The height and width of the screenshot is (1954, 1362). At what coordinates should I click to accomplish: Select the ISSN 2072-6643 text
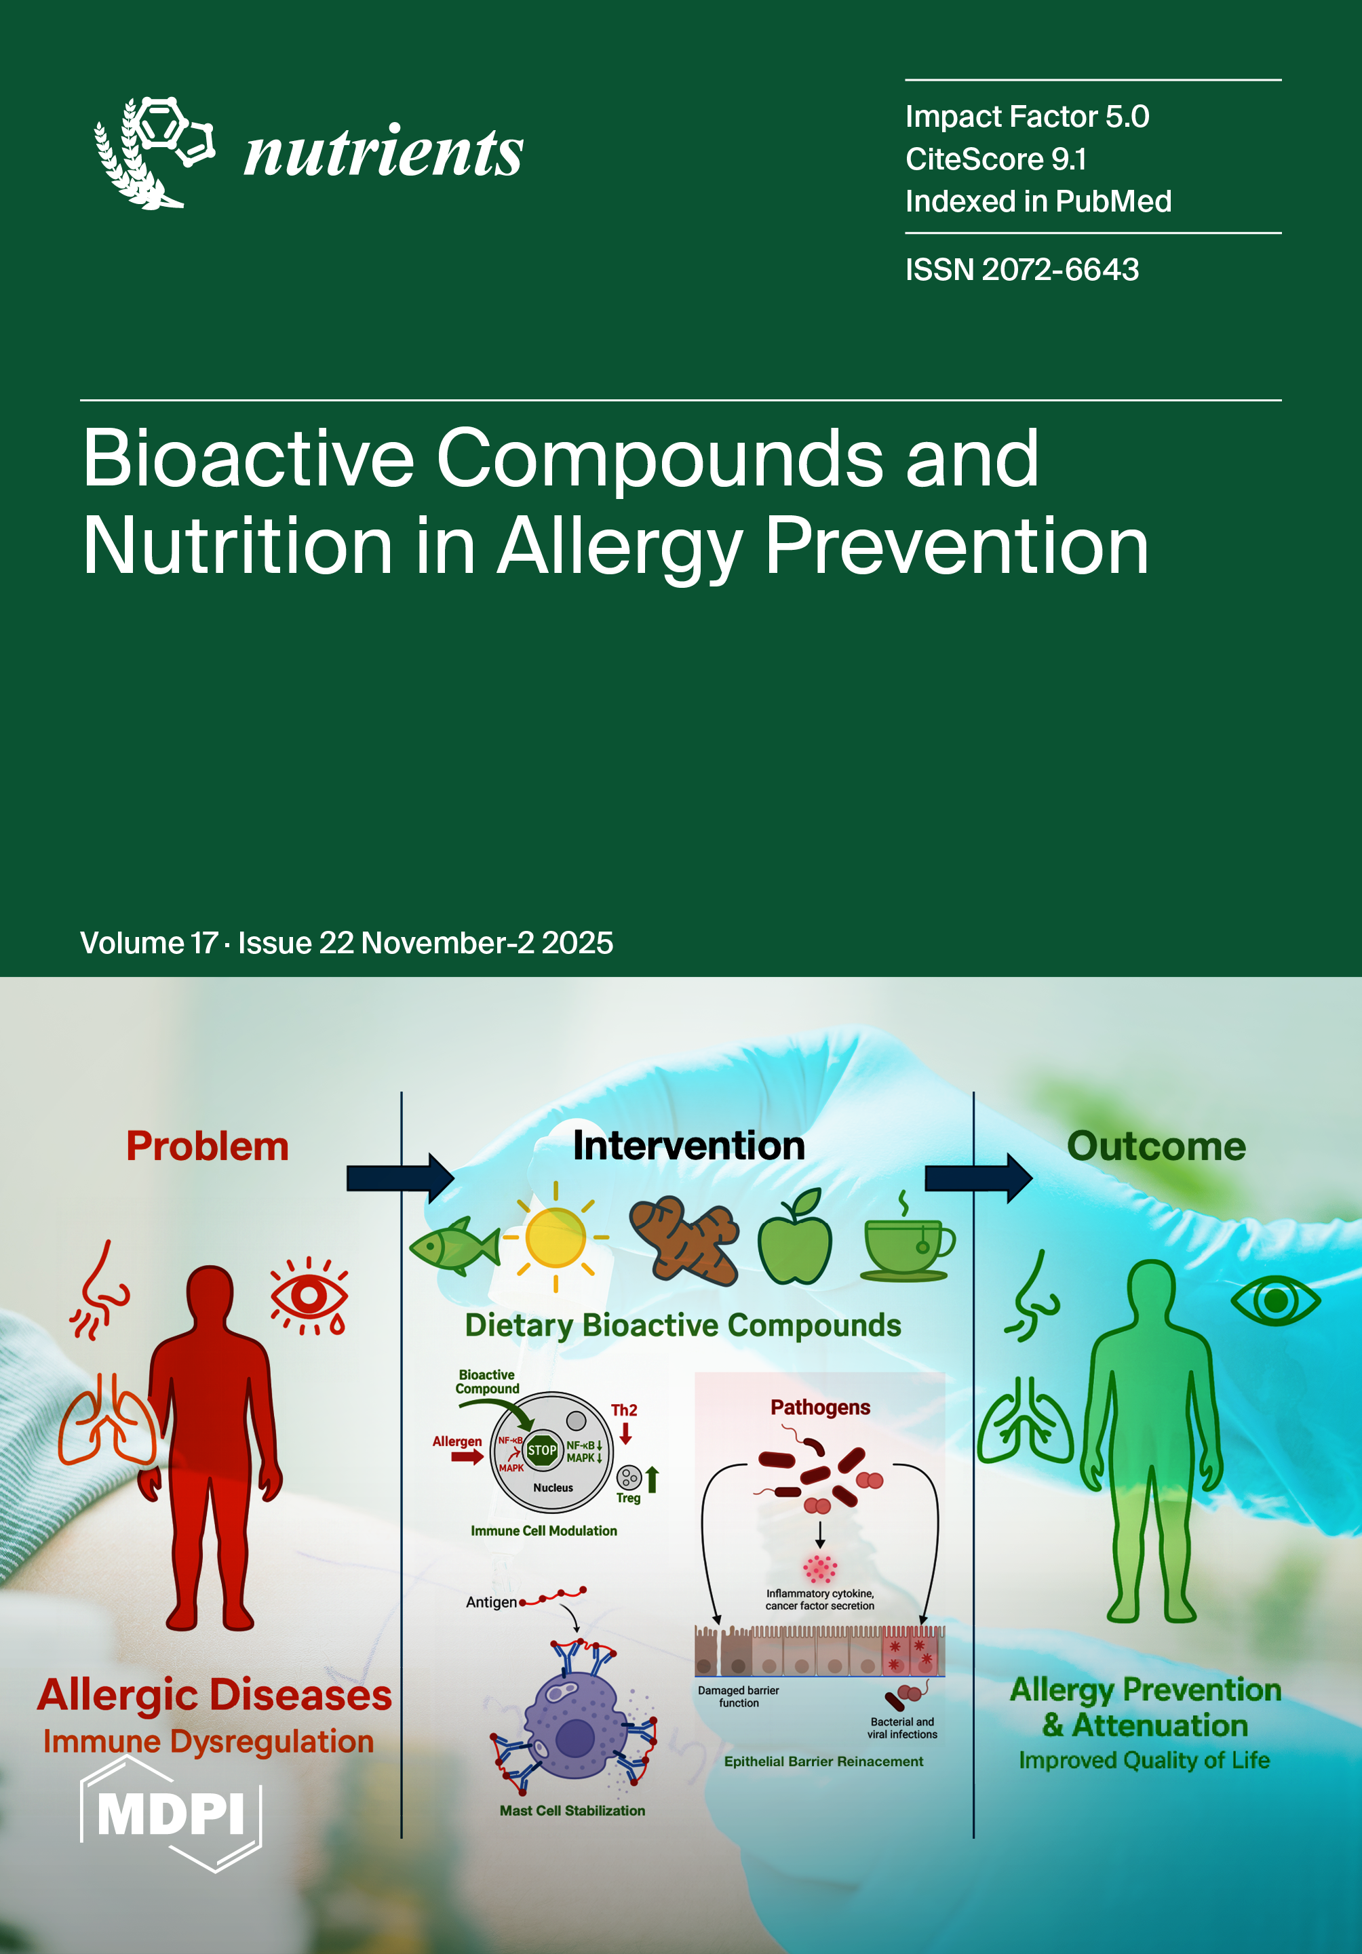1021,270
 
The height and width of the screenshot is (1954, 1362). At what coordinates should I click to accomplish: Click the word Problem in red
208,1147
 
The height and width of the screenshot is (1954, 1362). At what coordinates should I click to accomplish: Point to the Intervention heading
688,1146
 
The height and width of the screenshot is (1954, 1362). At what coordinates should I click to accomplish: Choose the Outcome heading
1156,1147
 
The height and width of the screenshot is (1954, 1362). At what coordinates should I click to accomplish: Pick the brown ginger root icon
684,1241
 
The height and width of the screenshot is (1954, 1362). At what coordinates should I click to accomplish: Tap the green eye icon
1275,1300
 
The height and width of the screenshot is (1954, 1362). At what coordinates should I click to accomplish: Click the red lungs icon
108,1420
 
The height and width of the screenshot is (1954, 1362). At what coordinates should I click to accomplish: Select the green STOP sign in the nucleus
542,1450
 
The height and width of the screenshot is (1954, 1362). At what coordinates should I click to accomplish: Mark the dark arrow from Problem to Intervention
400,1178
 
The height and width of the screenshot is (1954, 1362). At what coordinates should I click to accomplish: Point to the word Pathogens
821,1408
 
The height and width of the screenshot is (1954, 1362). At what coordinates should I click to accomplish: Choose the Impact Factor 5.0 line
1028,117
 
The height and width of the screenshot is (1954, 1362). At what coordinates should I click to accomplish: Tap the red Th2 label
624,1410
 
